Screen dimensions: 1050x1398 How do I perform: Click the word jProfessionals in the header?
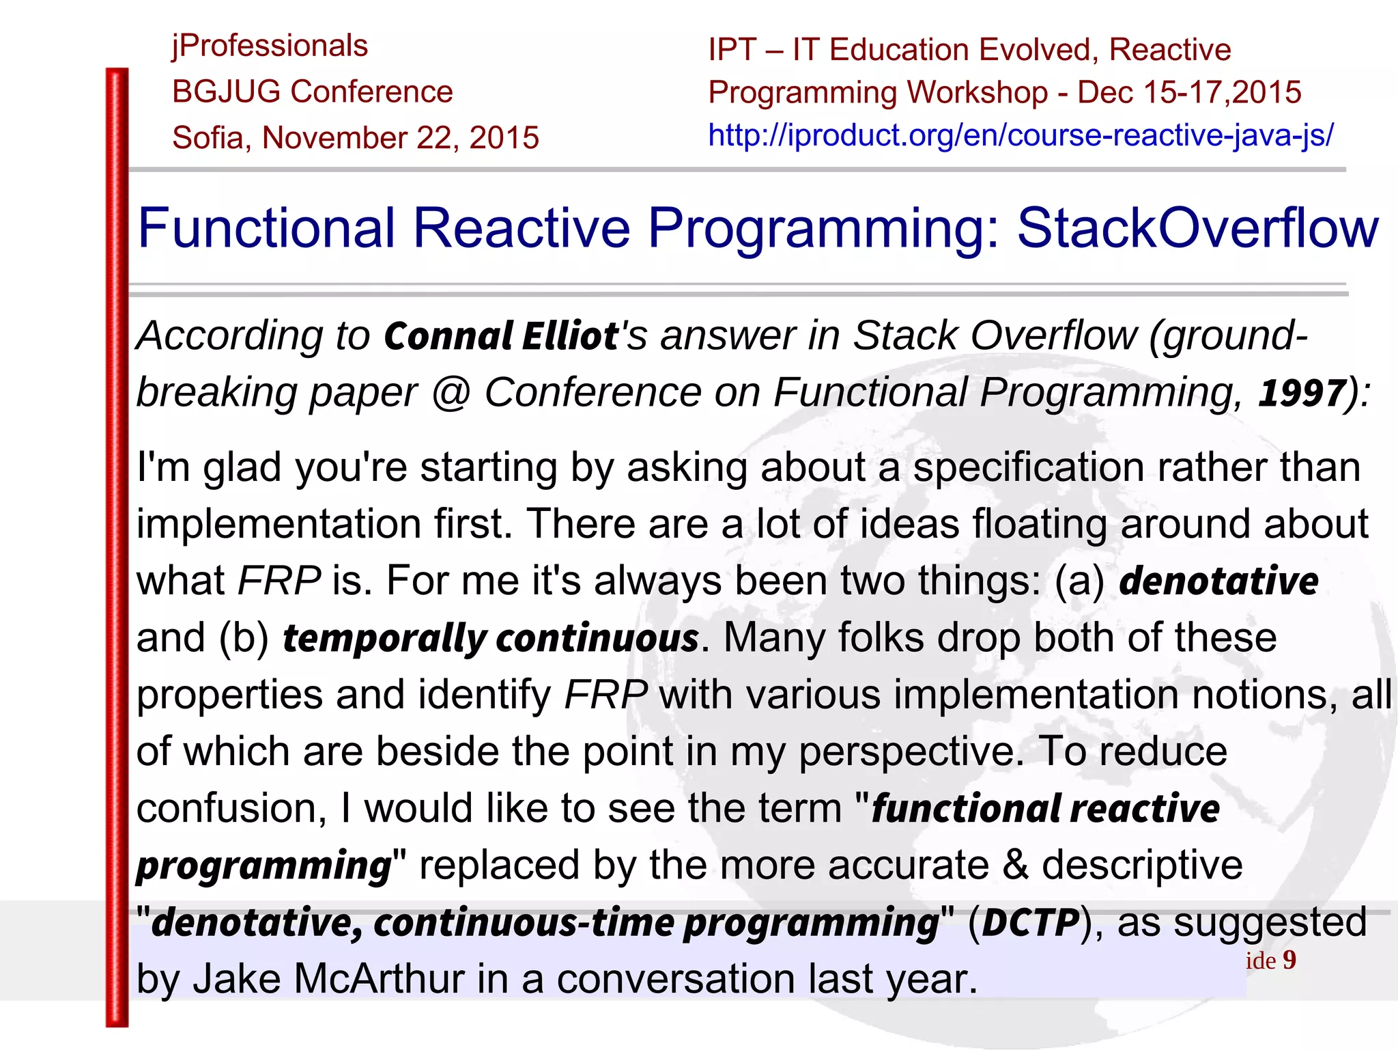coord(270,46)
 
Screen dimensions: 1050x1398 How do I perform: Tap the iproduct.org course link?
coord(1021,135)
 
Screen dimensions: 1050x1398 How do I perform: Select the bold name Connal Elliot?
coord(501,336)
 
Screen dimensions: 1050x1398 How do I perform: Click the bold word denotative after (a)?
coord(1218,581)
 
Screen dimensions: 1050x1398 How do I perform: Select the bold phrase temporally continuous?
coord(490,638)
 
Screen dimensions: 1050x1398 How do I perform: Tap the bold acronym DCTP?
coord(1031,922)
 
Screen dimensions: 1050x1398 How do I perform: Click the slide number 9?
coord(1289,960)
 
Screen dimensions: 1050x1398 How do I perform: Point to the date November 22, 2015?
coord(401,138)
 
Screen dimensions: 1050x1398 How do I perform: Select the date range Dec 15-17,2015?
coord(1189,92)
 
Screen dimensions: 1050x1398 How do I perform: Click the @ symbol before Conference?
coord(451,393)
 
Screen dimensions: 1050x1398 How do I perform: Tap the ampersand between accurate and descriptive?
coord(1015,865)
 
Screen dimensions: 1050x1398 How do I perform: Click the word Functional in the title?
coord(266,227)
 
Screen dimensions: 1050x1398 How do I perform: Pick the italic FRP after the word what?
coord(279,581)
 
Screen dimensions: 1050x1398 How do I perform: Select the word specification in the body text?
coord(1028,468)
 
